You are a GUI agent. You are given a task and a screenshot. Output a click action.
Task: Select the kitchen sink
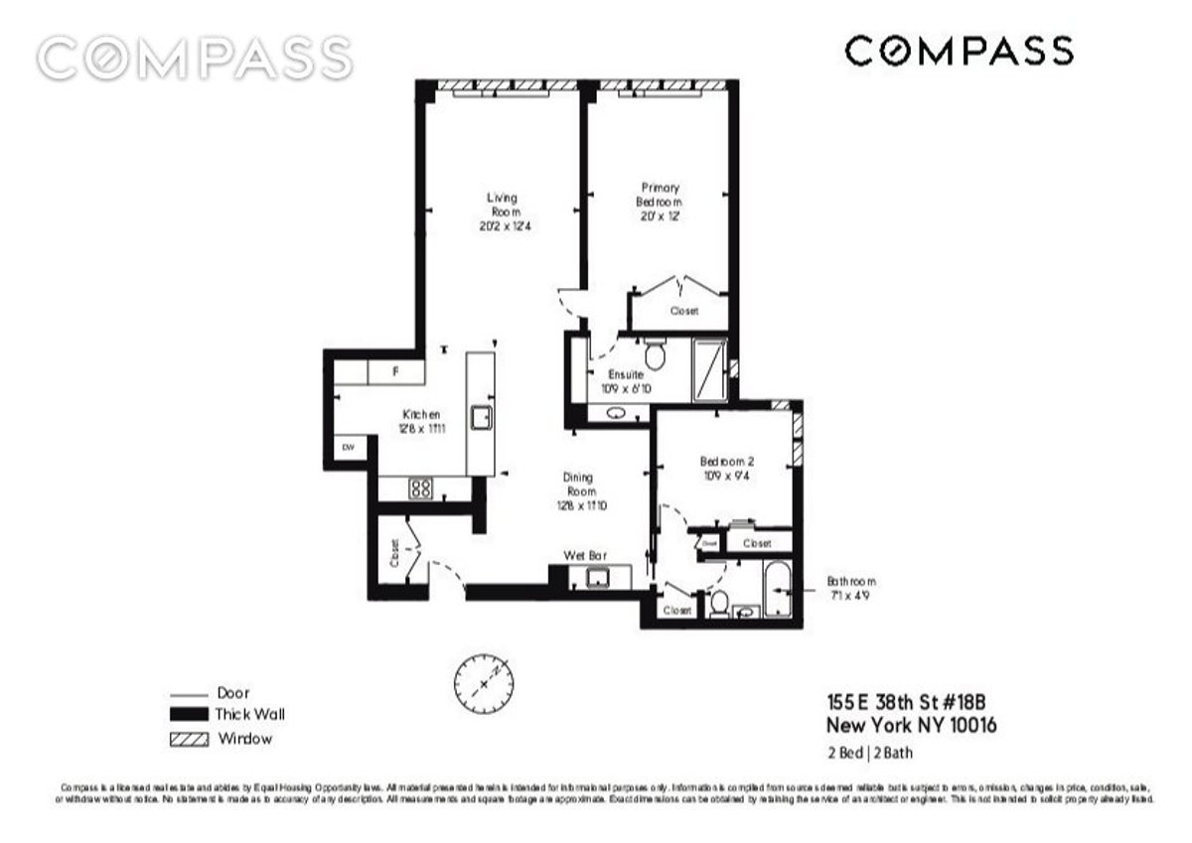(x=480, y=418)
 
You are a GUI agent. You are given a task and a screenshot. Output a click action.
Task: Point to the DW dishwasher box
(x=348, y=449)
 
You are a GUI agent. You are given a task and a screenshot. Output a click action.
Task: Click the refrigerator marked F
(x=395, y=372)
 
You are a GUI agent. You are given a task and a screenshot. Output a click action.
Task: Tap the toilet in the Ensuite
(x=654, y=352)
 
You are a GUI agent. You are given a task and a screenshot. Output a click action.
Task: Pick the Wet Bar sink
(x=599, y=578)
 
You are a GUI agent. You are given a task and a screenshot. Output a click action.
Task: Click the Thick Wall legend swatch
(x=189, y=715)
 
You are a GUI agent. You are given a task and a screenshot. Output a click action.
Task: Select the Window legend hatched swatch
(x=189, y=739)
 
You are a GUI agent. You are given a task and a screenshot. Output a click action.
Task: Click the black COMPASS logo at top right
(x=959, y=51)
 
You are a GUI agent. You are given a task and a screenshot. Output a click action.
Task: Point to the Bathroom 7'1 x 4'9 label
(x=851, y=589)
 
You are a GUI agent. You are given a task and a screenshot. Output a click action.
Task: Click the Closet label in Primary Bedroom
(x=683, y=311)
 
